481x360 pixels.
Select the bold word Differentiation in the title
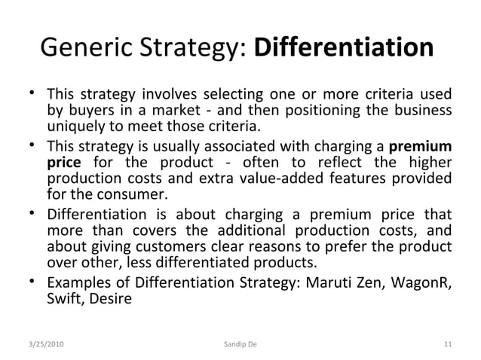click(x=345, y=49)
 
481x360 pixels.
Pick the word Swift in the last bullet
click(x=64, y=300)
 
